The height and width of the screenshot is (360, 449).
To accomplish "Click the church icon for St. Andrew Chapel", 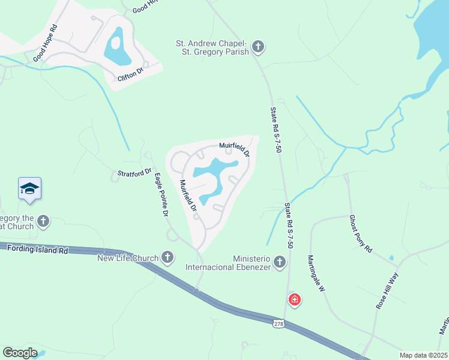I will click(x=258, y=46).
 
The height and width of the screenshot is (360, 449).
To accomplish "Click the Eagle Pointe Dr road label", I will click(x=161, y=194).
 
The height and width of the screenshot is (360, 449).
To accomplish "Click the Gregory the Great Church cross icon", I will click(x=43, y=221).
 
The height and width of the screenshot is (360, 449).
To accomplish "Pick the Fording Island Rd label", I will click(x=36, y=250).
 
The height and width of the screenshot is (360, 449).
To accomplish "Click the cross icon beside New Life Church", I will click(x=167, y=258).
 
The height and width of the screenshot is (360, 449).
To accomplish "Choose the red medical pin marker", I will click(x=294, y=299).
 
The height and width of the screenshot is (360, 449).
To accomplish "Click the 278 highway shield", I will click(x=279, y=323).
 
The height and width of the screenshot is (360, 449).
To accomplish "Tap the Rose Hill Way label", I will click(x=387, y=290).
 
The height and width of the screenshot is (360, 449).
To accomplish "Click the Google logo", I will click(x=20, y=353).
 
